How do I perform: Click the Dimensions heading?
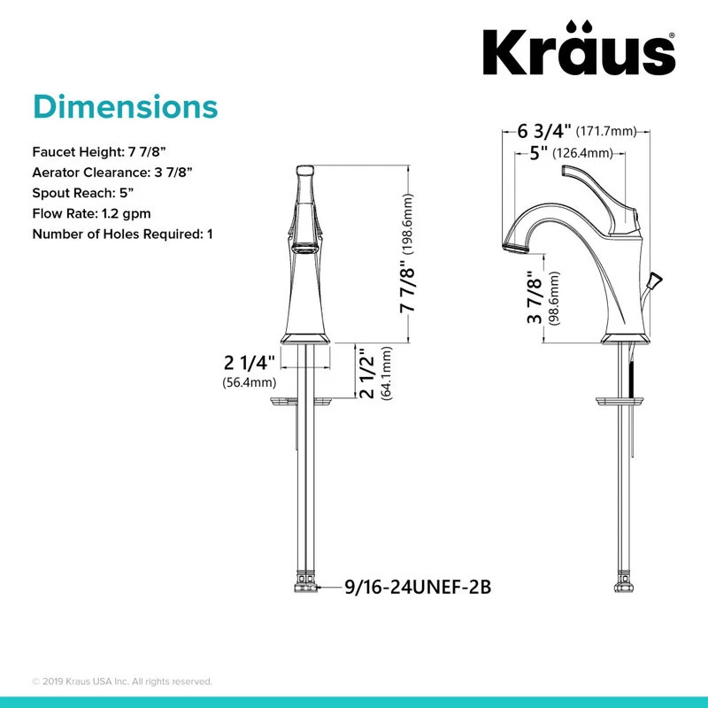125,106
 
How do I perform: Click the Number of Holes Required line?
122,235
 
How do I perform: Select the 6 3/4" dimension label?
543,131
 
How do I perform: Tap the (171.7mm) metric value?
607,132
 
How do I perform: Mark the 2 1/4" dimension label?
250,363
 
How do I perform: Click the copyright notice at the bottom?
122,681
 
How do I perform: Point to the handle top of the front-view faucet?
305,170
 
